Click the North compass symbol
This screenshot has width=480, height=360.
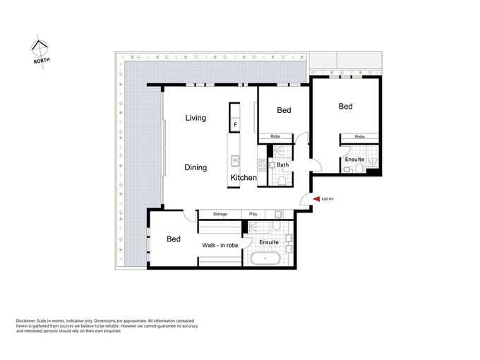[x=40, y=51]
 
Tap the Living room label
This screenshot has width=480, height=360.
[x=196, y=118]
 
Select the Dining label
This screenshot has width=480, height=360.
[x=196, y=167]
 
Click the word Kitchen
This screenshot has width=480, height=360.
[x=244, y=178]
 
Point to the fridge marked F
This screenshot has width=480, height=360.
[x=235, y=125]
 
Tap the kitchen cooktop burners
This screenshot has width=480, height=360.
[x=262, y=165]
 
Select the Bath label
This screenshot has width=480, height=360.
[x=282, y=164]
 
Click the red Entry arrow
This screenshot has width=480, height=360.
[x=316, y=199]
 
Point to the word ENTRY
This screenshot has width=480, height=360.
[x=328, y=199]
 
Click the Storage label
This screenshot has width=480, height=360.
[x=220, y=214]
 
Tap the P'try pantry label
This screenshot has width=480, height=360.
[x=253, y=214]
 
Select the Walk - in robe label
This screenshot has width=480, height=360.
[x=220, y=245]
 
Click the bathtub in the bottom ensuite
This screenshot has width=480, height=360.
[x=265, y=259]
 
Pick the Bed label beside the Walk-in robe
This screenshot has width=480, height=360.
[x=174, y=239]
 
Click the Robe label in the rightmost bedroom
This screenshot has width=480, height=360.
[x=360, y=137]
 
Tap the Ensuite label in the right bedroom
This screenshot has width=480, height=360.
[x=354, y=160]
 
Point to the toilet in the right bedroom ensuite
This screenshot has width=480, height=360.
[x=359, y=169]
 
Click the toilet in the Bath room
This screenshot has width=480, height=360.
[x=282, y=181]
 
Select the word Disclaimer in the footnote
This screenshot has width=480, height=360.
[x=25, y=320]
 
